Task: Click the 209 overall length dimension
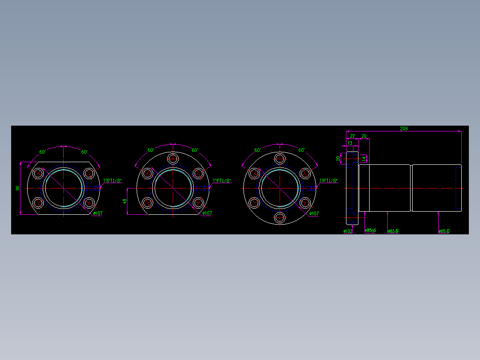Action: click(403, 129)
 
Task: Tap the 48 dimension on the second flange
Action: click(125, 201)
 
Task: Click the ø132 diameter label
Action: click(348, 231)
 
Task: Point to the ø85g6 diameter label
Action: click(370, 231)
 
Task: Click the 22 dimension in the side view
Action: click(352, 136)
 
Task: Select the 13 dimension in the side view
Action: click(350, 143)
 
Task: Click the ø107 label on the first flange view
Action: click(98, 213)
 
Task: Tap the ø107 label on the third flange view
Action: click(313, 214)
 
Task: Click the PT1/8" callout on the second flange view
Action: click(222, 181)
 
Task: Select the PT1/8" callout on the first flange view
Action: click(112, 181)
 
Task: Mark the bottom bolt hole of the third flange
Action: click(280, 217)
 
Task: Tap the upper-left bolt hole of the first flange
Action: click(38, 173)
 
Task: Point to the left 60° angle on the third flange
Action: click(257, 150)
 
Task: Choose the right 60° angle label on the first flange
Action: click(84, 152)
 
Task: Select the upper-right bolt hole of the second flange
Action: click(198, 173)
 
